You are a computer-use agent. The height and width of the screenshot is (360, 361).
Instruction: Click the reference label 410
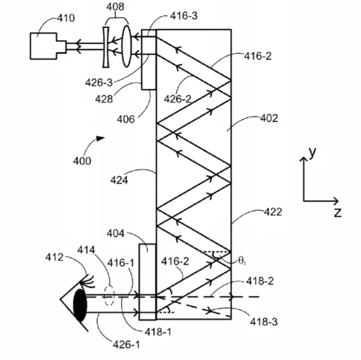tap(66, 18)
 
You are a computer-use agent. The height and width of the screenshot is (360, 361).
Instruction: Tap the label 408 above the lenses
tap(115, 6)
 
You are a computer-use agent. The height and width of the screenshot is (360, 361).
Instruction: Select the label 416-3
tap(184, 16)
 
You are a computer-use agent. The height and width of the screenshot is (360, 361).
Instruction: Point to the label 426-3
tap(99, 83)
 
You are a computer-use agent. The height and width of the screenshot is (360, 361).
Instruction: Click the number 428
tap(104, 99)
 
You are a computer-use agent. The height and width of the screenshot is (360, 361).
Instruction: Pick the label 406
tap(126, 119)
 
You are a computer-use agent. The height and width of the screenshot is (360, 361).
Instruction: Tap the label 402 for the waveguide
tap(269, 118)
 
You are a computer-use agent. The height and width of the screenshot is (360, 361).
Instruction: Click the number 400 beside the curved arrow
tap(82, 161)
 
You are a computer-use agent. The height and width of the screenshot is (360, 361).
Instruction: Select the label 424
tap(119, 180)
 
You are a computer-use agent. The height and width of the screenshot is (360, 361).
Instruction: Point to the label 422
tap(273, 212)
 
